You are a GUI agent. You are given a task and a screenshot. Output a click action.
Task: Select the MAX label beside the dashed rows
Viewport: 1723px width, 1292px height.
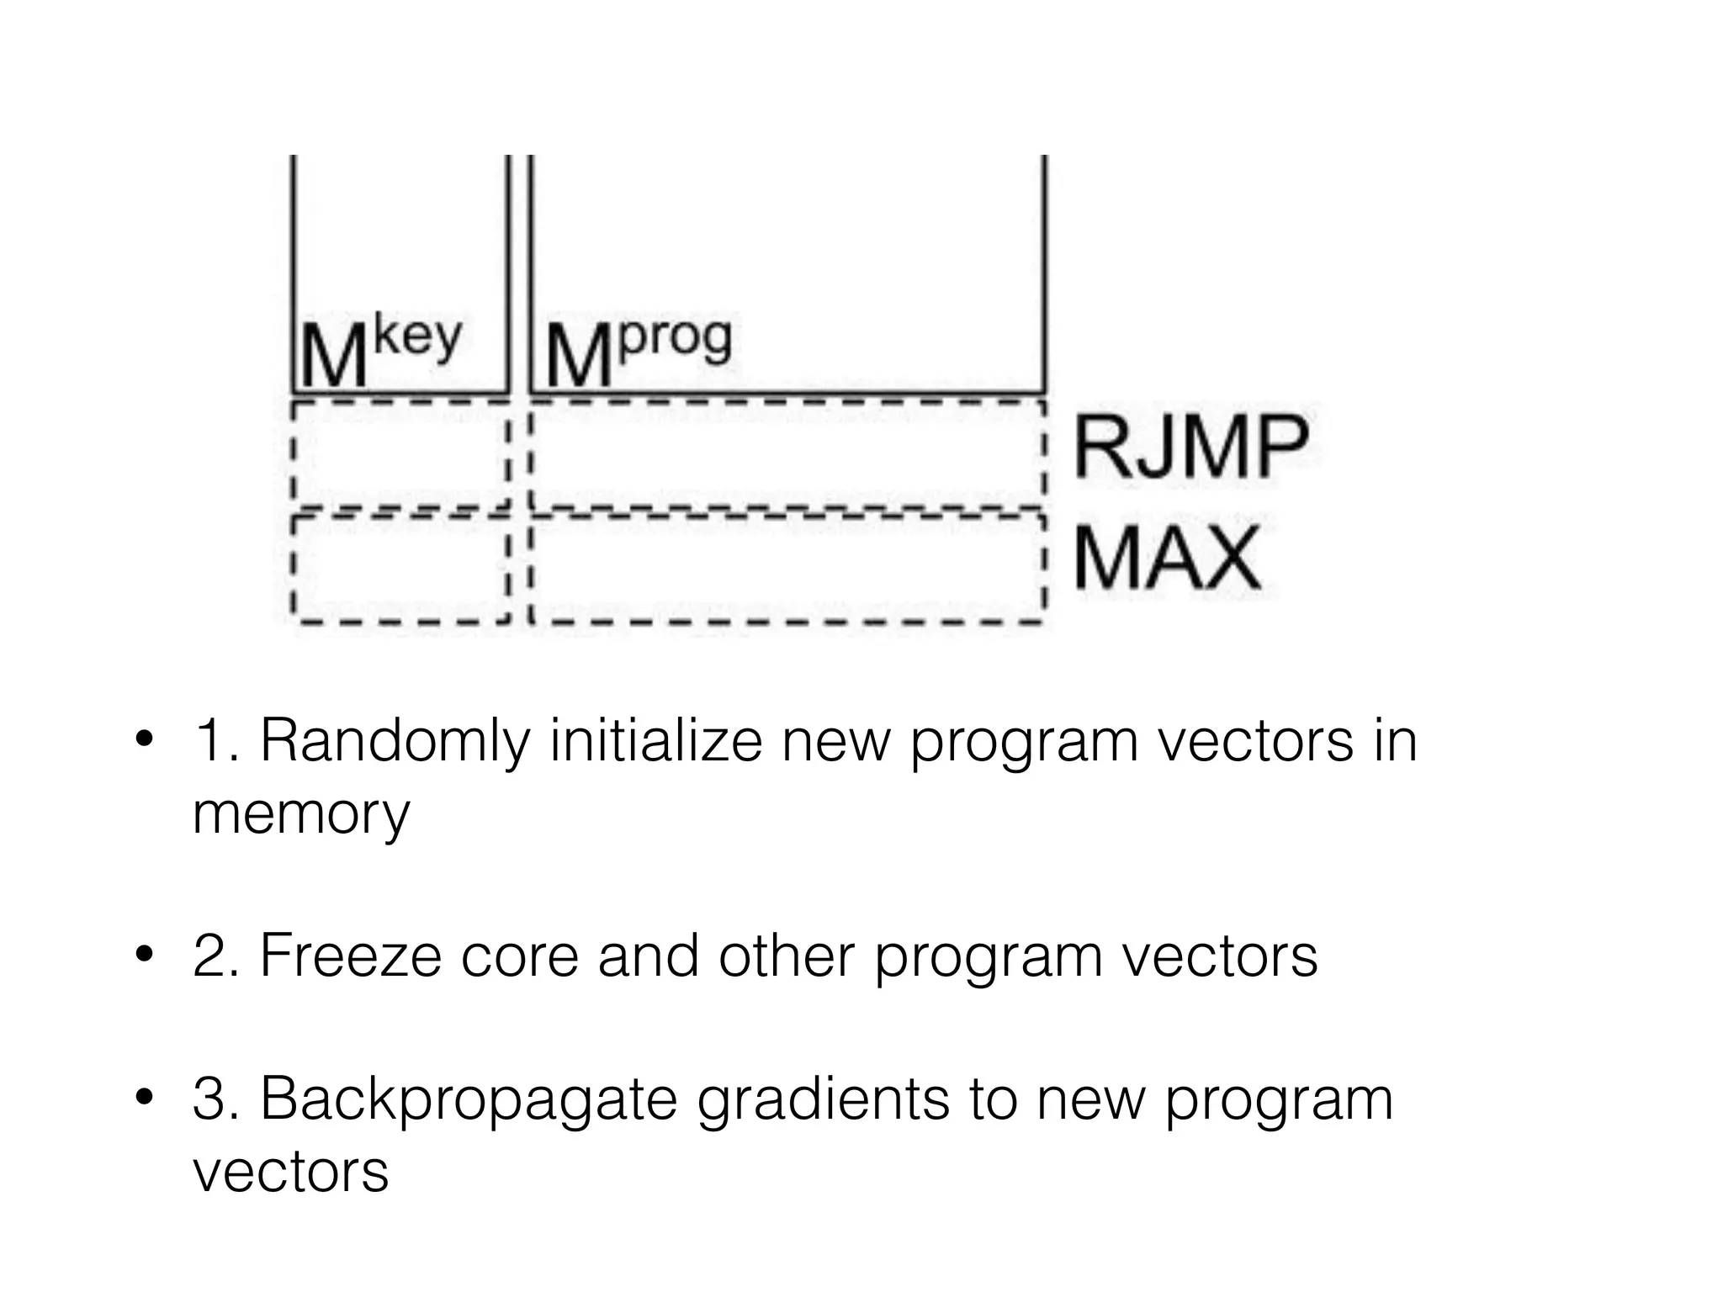(x=1168, y=558)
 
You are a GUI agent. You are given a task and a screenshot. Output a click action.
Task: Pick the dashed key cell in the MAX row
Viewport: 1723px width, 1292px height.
(x=400, y=568)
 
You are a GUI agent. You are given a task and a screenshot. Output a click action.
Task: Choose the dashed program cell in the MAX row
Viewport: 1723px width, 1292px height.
(x=787, y=568)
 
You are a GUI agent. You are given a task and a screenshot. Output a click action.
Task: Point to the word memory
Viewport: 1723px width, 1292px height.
(x=301, y=814)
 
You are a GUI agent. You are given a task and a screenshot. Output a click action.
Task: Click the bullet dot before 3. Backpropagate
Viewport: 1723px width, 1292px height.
(x=144, y=1098)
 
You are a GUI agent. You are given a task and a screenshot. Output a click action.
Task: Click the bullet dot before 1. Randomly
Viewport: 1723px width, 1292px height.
(x=144, y=740)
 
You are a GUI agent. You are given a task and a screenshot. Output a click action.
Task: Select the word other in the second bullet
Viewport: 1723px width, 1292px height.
(x=786, y=956)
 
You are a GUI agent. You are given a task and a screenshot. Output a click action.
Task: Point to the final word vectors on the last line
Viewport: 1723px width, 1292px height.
(x=290, y=1172)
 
